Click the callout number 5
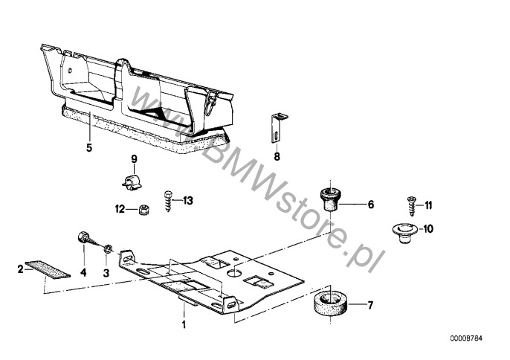pos(89,147)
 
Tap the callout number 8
pos(277,157)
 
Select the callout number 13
pos(187,201)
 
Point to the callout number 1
pos(184,324)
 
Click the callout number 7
pos(369,305)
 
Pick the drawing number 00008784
pos(466,338)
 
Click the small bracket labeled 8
pos(277,128)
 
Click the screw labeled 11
pos(411,206)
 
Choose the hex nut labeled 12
pos(143,209)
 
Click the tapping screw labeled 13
pos(168,202)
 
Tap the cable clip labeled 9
pos(132,182)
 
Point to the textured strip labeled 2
pos(48,269)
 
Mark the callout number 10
pos(428,229)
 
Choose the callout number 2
pos(21,269)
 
